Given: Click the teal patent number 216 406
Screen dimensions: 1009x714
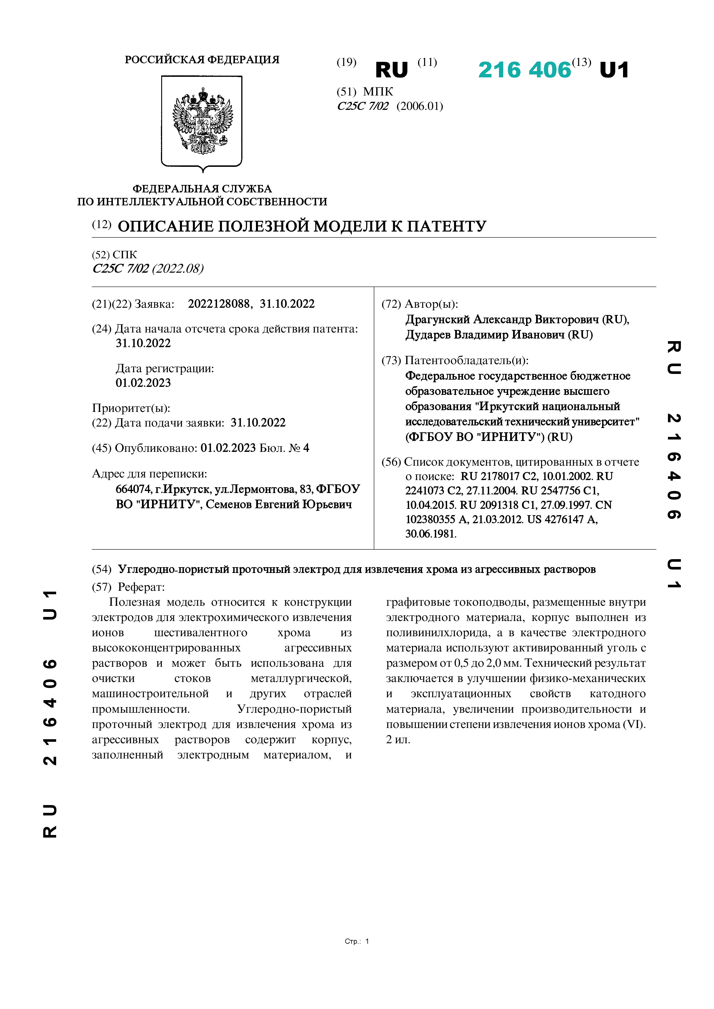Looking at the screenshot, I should tap(524, 70).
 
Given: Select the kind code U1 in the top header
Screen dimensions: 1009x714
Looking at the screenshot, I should tap(614, 70).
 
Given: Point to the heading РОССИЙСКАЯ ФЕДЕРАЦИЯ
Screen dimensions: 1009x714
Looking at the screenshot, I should tap(202, 60).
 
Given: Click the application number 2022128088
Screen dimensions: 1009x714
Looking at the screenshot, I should tap(219, 304).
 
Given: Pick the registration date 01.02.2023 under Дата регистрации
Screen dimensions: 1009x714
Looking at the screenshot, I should tap(143, 383).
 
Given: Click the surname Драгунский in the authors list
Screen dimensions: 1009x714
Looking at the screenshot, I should tap(438, 320).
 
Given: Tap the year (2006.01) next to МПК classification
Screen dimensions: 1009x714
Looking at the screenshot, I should tap(420, 106).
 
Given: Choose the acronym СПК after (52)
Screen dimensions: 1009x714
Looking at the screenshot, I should tap(125, 255).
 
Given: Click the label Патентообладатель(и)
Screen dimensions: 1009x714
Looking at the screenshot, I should tap(466, 360).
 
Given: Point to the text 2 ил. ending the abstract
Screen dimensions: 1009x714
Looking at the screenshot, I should tap(398, 739).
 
